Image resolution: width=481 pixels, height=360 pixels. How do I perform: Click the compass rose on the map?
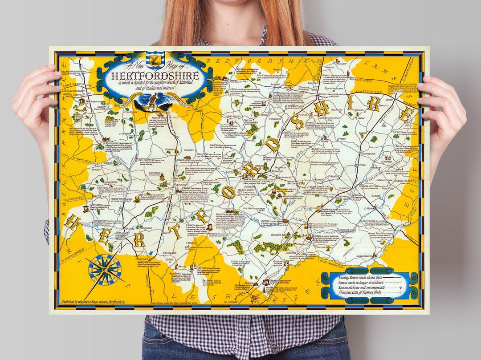click(x=105, y=269)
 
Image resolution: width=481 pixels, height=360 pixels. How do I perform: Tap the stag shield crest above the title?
click(x=154, y=59)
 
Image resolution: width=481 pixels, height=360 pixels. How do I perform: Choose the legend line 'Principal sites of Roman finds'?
click(x=360, y=292)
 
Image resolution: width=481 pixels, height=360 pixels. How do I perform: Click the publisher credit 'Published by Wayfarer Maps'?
click(x=101, y=302)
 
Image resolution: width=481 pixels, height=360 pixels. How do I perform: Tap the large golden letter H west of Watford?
click(x=71, y=221)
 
